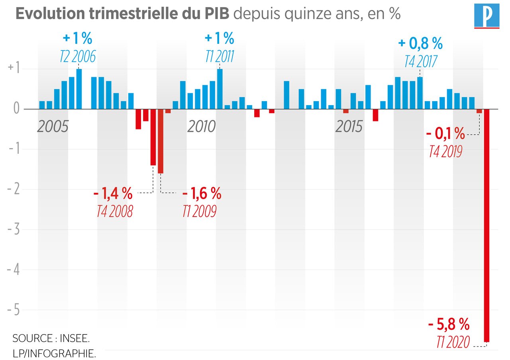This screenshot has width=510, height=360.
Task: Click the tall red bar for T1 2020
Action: coord(486,225)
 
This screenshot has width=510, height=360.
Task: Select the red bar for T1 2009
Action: coord(161,141)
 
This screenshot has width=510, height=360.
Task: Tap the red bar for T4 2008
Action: coord(153,137)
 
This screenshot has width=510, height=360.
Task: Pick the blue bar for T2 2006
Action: coord(79,89)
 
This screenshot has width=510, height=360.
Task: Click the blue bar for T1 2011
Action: coord(220,89)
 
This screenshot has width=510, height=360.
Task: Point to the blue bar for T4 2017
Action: coord(420,93)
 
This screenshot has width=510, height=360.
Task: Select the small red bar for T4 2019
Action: coord(479,111)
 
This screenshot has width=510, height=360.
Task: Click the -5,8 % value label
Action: coord(449,325)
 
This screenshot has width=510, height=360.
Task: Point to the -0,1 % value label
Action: coord(445,134)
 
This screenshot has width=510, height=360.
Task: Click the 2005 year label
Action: coord(53,127)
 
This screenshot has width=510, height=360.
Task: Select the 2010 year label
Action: coord(201,127)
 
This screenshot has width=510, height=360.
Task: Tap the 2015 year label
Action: coord(349,127)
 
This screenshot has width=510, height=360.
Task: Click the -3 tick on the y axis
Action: coord(15,229)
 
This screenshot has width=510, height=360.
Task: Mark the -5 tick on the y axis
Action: coord(15,310)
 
